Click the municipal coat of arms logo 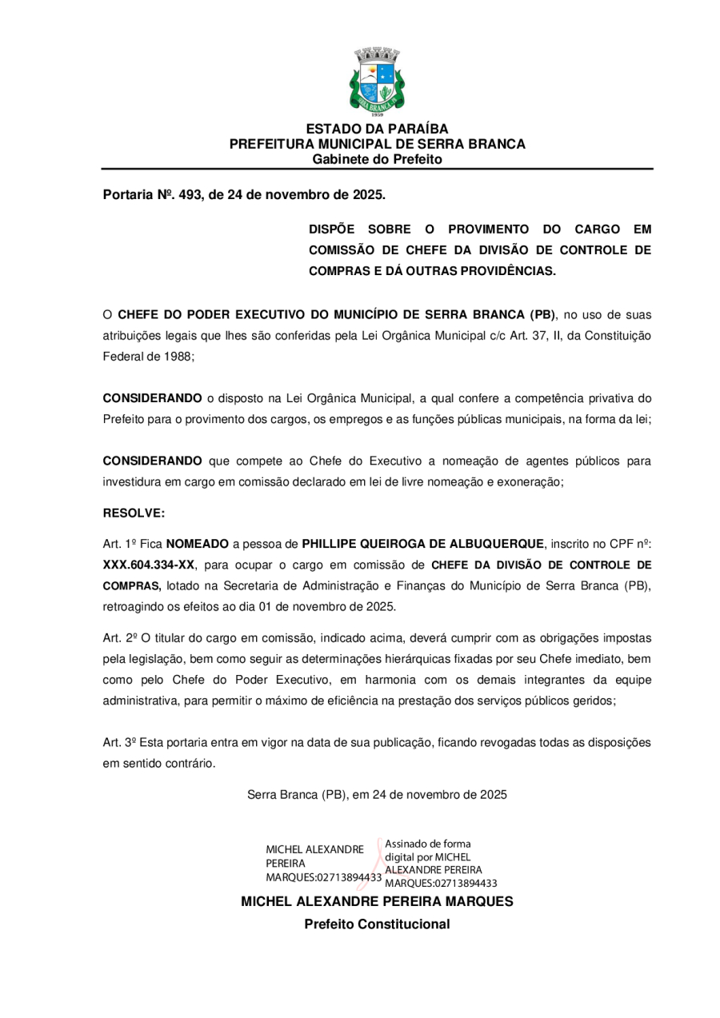(377, 82)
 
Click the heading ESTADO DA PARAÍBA (377, 129)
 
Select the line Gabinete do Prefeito (377, 160)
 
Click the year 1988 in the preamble (178, 357)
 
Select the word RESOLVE (134, 513)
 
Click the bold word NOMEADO (197, 544)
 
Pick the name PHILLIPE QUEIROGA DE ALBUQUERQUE (422, 544)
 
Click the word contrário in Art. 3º (190, 763)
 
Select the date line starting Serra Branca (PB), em (377, 795)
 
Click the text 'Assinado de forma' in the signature (428, 844)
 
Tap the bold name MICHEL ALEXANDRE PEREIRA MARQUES (377, 902)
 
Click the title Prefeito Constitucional (377, 924)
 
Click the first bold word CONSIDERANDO (153, 398)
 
